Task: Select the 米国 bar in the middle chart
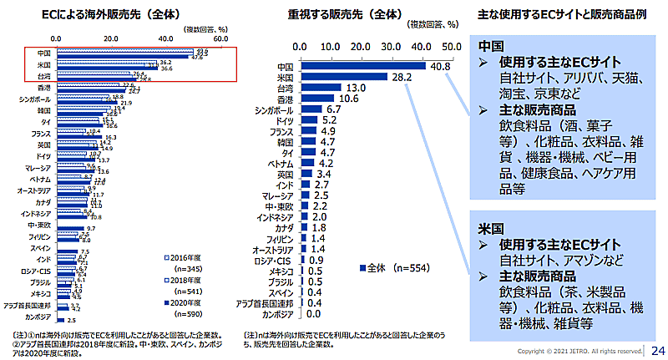click(343, 77)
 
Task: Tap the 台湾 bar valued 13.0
click(321, 88)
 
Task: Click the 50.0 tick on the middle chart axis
click(452, 46)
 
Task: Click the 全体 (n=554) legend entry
click(391, 269)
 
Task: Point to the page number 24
click(657, 349)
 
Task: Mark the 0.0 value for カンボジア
click(314, 315)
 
